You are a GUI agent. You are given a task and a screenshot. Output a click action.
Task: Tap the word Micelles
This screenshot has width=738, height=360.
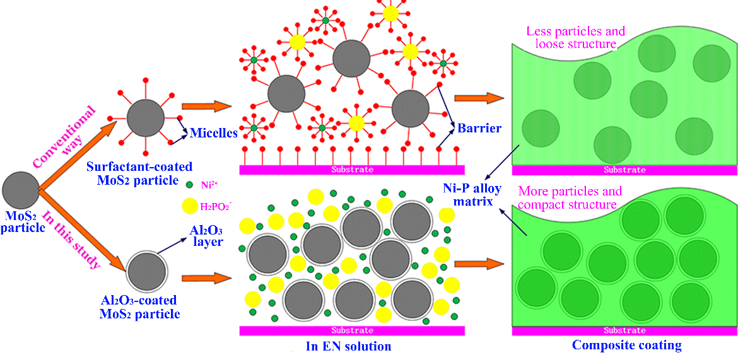coord(213,133)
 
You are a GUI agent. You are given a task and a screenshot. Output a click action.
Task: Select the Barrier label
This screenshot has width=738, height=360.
coord(479,129)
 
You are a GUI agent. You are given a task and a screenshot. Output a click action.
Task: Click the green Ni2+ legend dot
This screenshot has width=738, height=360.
coord(190,185)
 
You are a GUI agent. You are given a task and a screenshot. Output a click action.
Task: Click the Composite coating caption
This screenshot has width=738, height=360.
coord(626,345)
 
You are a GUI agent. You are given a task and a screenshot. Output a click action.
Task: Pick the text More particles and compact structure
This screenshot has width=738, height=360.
coord(569,197)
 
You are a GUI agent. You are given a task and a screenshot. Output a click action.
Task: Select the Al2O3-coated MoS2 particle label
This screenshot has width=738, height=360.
coord(140,307)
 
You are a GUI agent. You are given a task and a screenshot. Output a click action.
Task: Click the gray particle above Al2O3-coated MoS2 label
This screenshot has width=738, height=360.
coord(148,270)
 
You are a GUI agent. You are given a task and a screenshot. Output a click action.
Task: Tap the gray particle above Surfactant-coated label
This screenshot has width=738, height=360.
coord(146,118)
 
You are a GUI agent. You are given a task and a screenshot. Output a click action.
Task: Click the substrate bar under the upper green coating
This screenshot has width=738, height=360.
coord(624,170)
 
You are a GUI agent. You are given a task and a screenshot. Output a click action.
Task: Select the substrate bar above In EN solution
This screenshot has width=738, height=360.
coord(352,330)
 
